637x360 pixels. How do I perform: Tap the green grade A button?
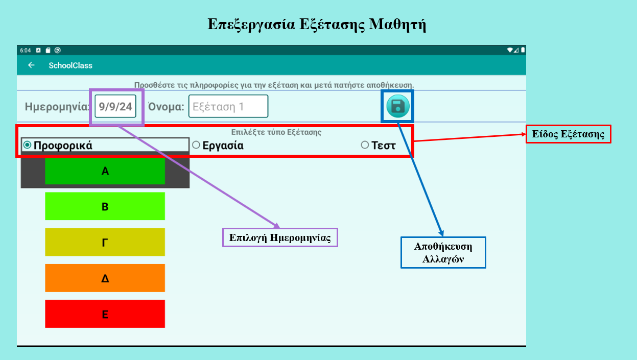[105, 171]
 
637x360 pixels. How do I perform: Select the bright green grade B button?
[105, 206]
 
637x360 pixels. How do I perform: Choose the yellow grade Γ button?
[105, 242]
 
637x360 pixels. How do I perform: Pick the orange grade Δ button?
[105, 278]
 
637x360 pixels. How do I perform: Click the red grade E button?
[105, 314]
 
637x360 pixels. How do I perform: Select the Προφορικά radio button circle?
[28, 145]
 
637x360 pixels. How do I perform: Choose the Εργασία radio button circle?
[196, 145]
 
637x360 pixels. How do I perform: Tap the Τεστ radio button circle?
[365, 145]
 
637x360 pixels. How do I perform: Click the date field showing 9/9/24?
[115, 107]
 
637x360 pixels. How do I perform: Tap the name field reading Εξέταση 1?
[228, 107]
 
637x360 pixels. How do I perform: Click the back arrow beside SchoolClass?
[31, 65]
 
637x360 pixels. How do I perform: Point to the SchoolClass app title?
[70, 65]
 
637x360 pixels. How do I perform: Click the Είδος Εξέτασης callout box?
[568, 134]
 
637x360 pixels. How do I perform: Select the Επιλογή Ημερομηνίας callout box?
[280, 237]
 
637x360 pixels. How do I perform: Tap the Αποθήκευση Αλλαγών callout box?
[443, 252]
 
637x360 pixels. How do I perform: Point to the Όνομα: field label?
[166, 107]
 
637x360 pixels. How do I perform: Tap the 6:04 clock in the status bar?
[26, 51]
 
